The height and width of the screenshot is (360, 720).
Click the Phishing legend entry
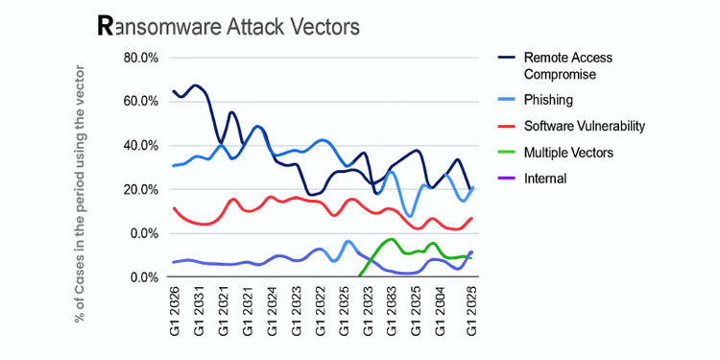coord(549,99)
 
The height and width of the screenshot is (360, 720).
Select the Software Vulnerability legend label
coord(584,126)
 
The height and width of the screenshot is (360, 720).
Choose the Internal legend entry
coord(546,178)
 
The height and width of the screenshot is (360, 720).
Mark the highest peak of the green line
coord(391,239)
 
